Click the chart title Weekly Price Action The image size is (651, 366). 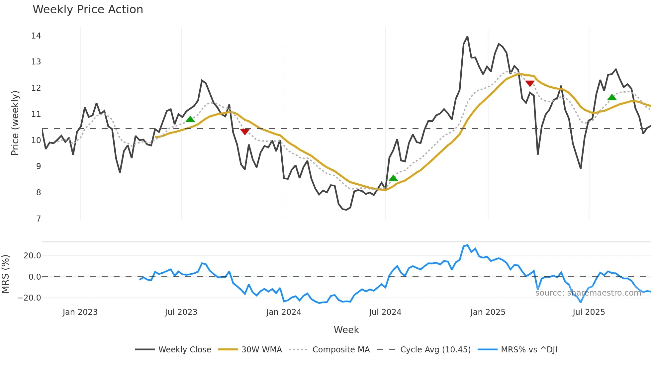[x=88, y=10]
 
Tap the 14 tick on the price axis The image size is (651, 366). [x=36, y=36]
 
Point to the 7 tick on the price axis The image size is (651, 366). [x=39, y=219]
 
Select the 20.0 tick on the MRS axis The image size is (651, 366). [x=32, y=256]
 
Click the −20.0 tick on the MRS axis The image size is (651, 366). [x=29, y=298]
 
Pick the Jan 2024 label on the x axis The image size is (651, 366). [x=284, y=312]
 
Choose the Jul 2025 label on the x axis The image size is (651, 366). [x=589, y=312]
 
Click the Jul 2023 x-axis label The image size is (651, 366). [x=181, y=312]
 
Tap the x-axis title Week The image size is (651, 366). [x=346, y=330]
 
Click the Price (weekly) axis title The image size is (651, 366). [x=15, y=123]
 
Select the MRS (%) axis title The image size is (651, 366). [x=5, y=274]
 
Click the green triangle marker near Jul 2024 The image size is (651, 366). [x=393, y=178]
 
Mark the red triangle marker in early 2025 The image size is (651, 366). [x=530, y=83]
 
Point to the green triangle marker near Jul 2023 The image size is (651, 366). [x=190, y=119]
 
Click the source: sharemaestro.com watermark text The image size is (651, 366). [x=588, y=293]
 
